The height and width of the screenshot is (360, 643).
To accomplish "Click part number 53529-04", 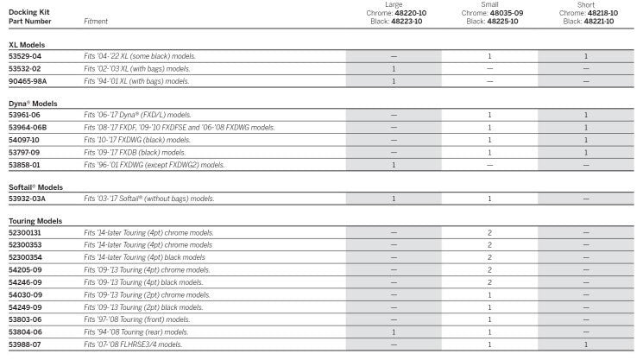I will [x=24, y=56].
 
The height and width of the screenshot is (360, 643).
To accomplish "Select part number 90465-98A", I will [x=28, y=81].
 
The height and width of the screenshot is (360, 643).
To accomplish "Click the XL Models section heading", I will [x=27, y=44].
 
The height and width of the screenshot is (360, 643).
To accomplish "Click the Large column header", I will [x=394, y=4].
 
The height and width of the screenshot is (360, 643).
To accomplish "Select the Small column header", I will [x=489, y=4].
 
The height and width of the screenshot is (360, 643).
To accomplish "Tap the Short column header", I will [x=586, y=4].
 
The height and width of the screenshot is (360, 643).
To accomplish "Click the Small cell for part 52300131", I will [x=489, y=233].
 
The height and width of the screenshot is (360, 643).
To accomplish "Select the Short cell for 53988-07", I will [x=586, y=344].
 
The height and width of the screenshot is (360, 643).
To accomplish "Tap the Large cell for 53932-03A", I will [x=394, y=199].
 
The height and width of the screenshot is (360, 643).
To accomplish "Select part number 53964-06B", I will [x=28, y=127].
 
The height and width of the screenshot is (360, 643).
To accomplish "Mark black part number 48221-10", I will [x=594, y=22].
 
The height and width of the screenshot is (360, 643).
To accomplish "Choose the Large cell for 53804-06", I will [x=394, y=332].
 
